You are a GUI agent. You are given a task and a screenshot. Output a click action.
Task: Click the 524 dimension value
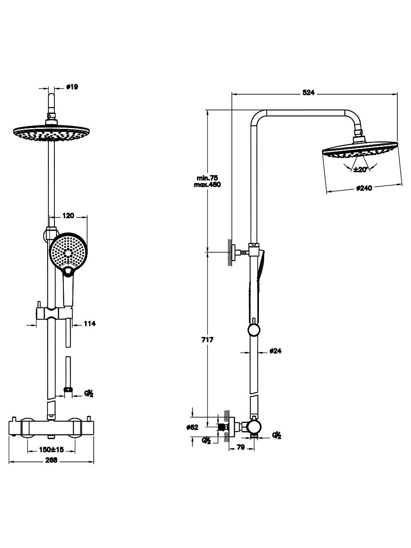308,92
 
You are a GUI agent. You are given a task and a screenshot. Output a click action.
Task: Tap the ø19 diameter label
72,87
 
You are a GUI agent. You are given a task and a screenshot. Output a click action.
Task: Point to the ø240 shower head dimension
364,188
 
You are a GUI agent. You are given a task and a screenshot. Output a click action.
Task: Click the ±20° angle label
360,169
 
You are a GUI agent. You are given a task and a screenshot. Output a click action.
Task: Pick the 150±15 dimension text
51,450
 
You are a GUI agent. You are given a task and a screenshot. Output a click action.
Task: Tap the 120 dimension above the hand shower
68,216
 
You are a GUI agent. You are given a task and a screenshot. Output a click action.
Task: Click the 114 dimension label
89,324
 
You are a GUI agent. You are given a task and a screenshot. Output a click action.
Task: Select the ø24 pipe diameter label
275,351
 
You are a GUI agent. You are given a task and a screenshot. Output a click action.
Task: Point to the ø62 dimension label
193,427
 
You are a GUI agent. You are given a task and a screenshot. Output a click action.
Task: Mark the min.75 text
208,178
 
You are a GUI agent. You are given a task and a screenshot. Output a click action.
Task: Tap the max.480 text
207,185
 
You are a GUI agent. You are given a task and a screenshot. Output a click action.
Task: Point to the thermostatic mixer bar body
51,427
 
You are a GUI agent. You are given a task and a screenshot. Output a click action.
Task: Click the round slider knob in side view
254,330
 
